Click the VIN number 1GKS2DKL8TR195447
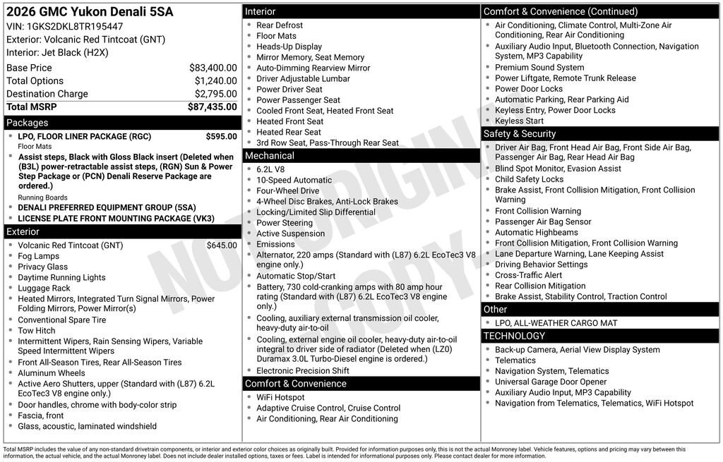coord(69,26)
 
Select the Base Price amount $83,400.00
coord(213,68)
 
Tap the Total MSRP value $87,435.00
coord(212,107)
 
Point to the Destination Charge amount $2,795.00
coord(215,94)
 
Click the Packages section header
coord(28,123)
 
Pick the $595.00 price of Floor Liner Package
coord(221,136)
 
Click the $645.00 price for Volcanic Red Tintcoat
coord(222,245)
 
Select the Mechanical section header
coord(269,156)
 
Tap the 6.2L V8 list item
coord(271,169)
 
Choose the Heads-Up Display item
coord(289,47)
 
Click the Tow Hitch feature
coord(37,330)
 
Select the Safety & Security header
coord(519,134)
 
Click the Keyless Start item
coord(519,121)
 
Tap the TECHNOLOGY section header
coord(514,336)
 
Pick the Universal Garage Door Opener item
coord(551,382)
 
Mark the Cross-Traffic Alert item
coord(528,275)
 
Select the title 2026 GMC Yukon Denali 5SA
coord(90,12)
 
